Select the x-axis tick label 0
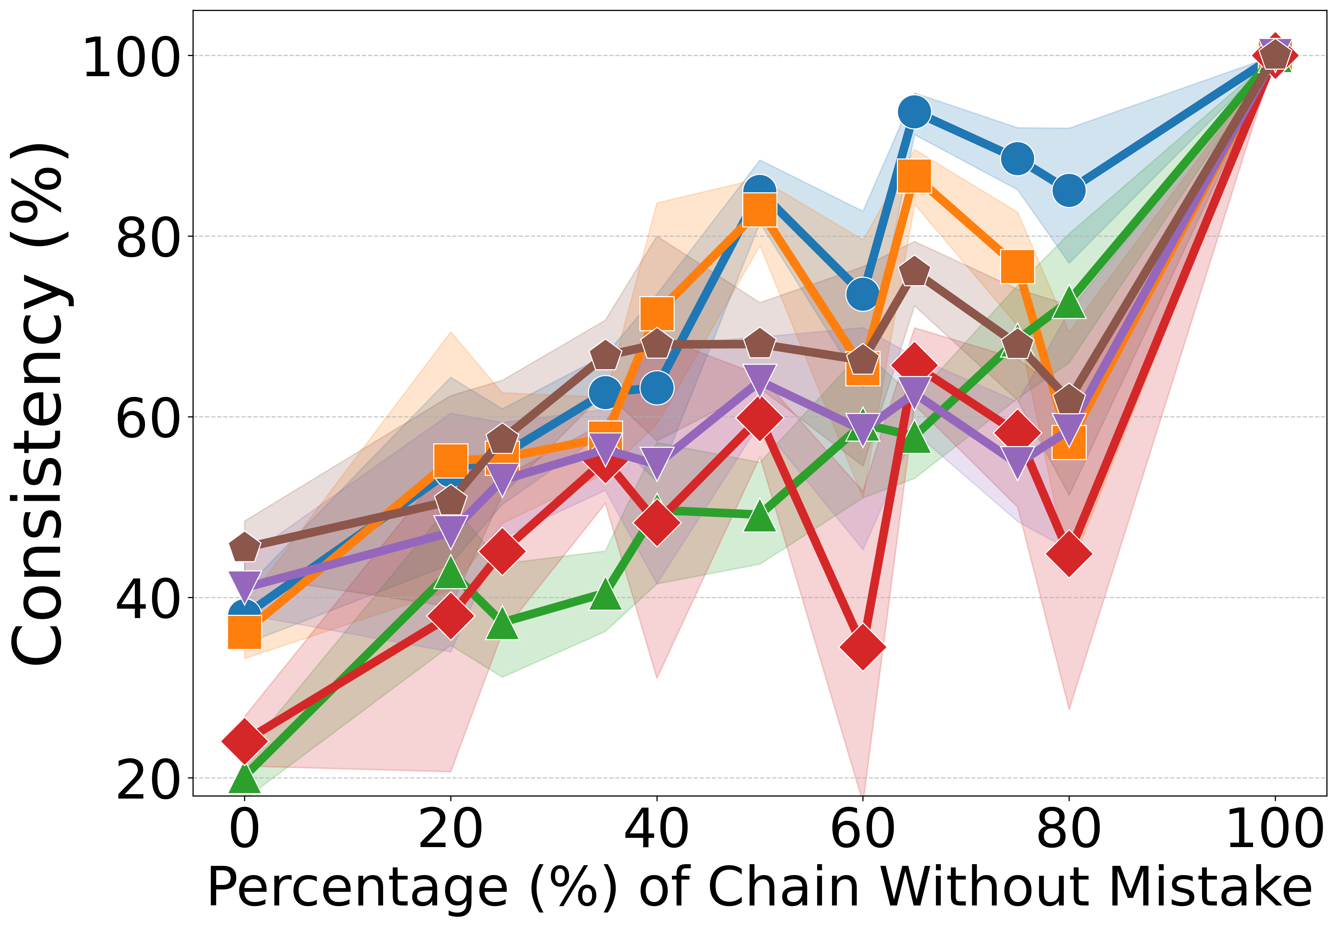(x=244, y=831)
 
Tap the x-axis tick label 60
(x=863, y=831)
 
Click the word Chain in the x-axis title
(x=784, y=887)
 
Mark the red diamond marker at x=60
(x=863, y=647)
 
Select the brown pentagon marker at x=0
(x=244, y=547)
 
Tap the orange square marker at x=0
(x=244, y=631)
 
